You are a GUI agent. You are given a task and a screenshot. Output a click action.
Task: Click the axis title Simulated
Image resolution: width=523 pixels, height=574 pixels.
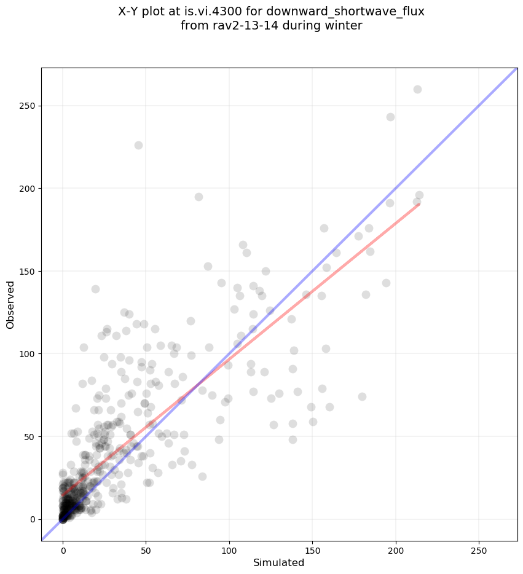pyautogui.click(x=279, y=562)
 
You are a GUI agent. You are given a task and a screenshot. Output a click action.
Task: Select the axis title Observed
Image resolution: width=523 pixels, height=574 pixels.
pyautogui.click(x=10, y=305)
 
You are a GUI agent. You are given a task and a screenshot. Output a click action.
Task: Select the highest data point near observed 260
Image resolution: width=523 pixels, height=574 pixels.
pyautogui.click(x=417, y=89)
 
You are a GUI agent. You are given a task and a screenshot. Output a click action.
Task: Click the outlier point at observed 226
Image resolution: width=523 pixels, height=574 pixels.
pyautogui.click(x=138, y=145)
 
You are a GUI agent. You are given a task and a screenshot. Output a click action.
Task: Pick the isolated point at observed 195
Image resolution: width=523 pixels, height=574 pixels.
pyautogui.click(x=199, y=197)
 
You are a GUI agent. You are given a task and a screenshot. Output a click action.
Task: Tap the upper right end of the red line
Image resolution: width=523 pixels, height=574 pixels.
pyautogui.click(x=419, y=203)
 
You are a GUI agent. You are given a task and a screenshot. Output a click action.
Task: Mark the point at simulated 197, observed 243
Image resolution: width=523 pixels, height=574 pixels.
pyautogui.click(x=390, y=117)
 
